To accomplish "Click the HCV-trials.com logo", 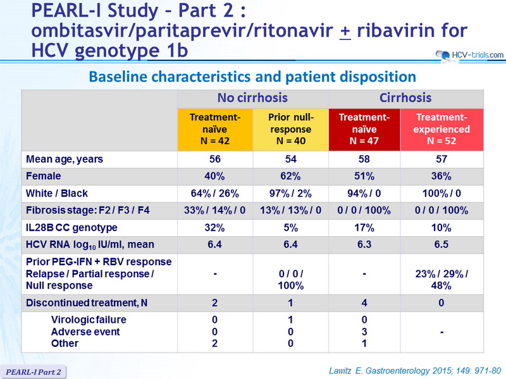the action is click(x=469, y=56).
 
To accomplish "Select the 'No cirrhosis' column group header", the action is click(x=252, y=98).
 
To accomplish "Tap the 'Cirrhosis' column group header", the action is click(x=405, y=98).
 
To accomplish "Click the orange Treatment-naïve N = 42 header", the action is click(x=215, y=129).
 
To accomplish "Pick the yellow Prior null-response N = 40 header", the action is click(x=291, y=129).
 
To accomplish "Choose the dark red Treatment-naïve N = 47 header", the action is click(x=364, y=129).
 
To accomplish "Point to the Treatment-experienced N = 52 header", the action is click(x=441, y=129).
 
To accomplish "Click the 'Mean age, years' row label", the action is click(x=65, y=159).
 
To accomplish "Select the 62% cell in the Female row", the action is click(x=290, y=176).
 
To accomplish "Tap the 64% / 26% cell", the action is click(x=214, y=193).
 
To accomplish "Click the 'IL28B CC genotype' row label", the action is click(x=71, y=228).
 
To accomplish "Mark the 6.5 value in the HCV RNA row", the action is click(x=441, y=244).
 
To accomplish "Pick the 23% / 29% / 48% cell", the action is click(x=441, y=279).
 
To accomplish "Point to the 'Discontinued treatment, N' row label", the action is click(x=87, y=303).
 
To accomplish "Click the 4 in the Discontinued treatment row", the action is click(x=364, y=303).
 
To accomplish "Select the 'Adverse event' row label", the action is click(x=85, y=332).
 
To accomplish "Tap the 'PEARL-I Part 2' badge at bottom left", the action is click(x=34, y=372).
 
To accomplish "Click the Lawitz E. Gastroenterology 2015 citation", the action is click(x=415, y=371).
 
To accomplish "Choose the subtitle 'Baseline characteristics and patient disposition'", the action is click(x=252, y=76).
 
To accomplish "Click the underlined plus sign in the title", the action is click(x=345, y=32).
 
